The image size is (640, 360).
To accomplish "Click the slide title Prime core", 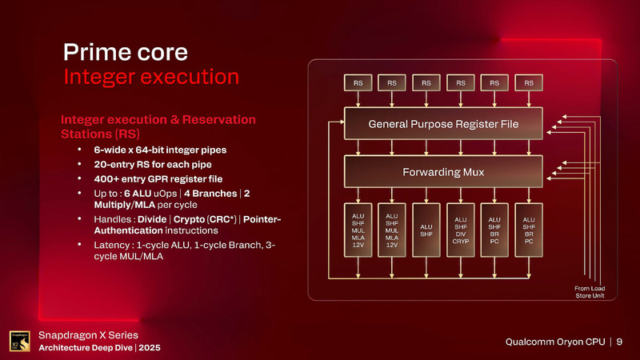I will (126, 53).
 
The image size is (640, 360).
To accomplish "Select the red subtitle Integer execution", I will (151, 78).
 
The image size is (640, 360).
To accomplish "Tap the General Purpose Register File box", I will (442, 124).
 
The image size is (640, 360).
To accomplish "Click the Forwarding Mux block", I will (442, 171).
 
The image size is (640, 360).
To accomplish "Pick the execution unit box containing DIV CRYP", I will (460, 230).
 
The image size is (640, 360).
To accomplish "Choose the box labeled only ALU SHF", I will (426, 230).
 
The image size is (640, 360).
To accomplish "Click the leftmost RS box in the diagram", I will (357, 82).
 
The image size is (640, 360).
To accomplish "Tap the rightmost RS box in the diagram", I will (529, 82).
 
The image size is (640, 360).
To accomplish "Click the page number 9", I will (619, 342).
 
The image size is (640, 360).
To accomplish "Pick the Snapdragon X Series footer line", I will (90, 334).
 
